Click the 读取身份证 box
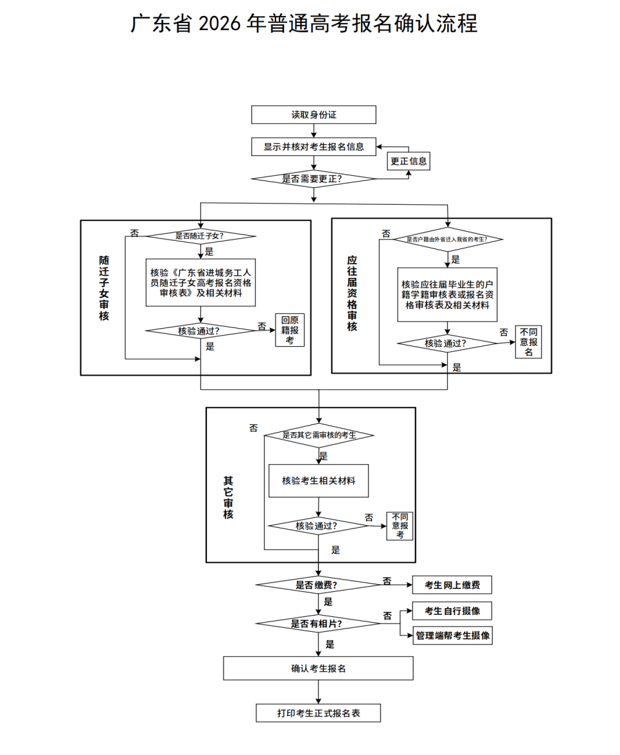[313, 115]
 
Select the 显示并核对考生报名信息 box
[313, 147]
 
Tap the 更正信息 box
[409, 161]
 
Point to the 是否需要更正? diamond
[313, 178]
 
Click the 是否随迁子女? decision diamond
[201, 236]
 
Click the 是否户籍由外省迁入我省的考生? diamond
[447, 239]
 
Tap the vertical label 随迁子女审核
[104, 288]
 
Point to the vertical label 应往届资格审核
[352, 293]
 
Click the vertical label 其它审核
[228, 498]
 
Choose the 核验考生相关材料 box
[319, 480]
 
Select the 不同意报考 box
[400, 526]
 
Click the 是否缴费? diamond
[318, 585]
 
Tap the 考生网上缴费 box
[452, 585]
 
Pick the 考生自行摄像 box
[452, 611]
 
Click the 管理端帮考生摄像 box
[452, 636]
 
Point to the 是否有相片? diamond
[318, 623]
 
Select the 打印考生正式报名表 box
[318, 713]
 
